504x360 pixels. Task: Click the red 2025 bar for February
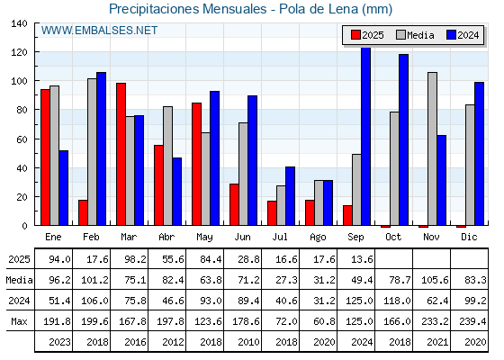coord(83,212)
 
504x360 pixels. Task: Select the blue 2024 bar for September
coord(366,136)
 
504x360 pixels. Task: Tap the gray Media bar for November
coord(433,148)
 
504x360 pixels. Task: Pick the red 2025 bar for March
coord(121,154)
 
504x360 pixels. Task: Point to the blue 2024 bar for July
coord(290,196)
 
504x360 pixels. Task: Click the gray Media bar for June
coord(244,174)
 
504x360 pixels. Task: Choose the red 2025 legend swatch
coord(355,35)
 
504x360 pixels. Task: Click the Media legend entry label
coord(421,35)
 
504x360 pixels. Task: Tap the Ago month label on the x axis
coord(318,238)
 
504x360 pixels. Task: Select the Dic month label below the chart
coord(469,237)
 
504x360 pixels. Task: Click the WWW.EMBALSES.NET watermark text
coord(99,31)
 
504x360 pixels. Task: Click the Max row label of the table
coord(19,321)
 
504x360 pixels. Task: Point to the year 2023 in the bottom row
coord(59,342)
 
